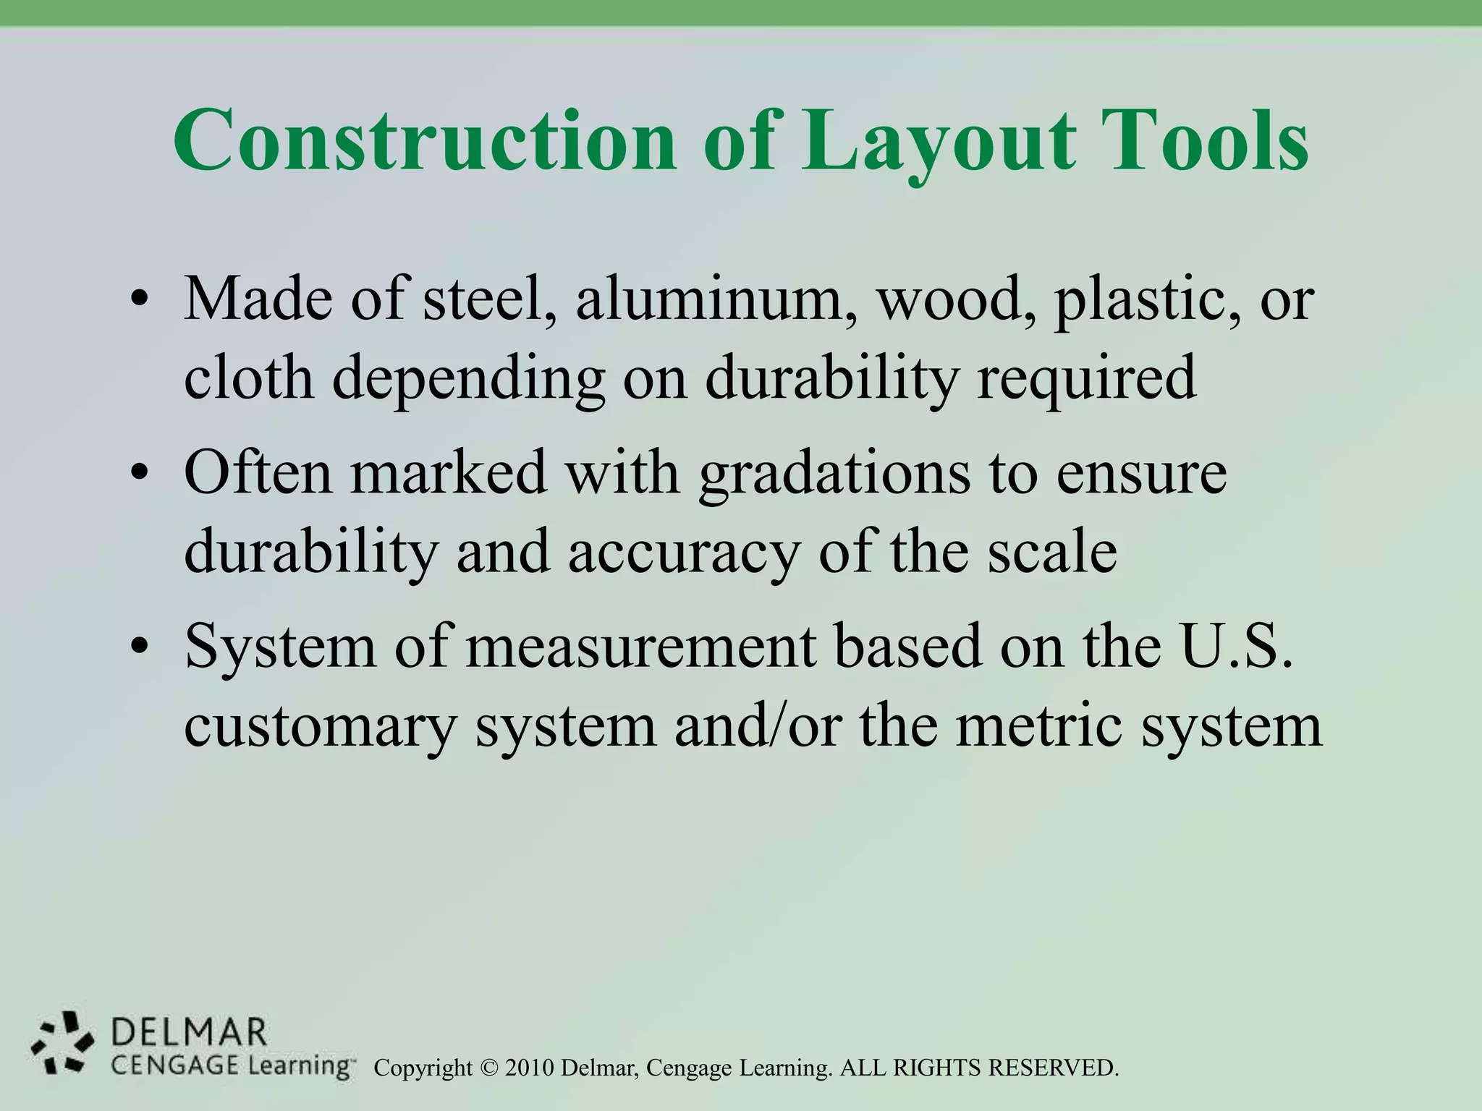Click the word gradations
pyautogui.click(x=834, y=473)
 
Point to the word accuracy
pyautogui.click(x=684, y=552)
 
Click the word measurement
pyautogui.click(x=641, y=646)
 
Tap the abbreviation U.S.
pyautogui.click(x=1236, y=646)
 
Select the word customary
pyautogui.click(x=320, y=725)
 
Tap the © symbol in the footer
pyautogui.click(x=490, y=1068)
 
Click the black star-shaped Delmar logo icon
pyautogui.click(x=62, y=1042)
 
